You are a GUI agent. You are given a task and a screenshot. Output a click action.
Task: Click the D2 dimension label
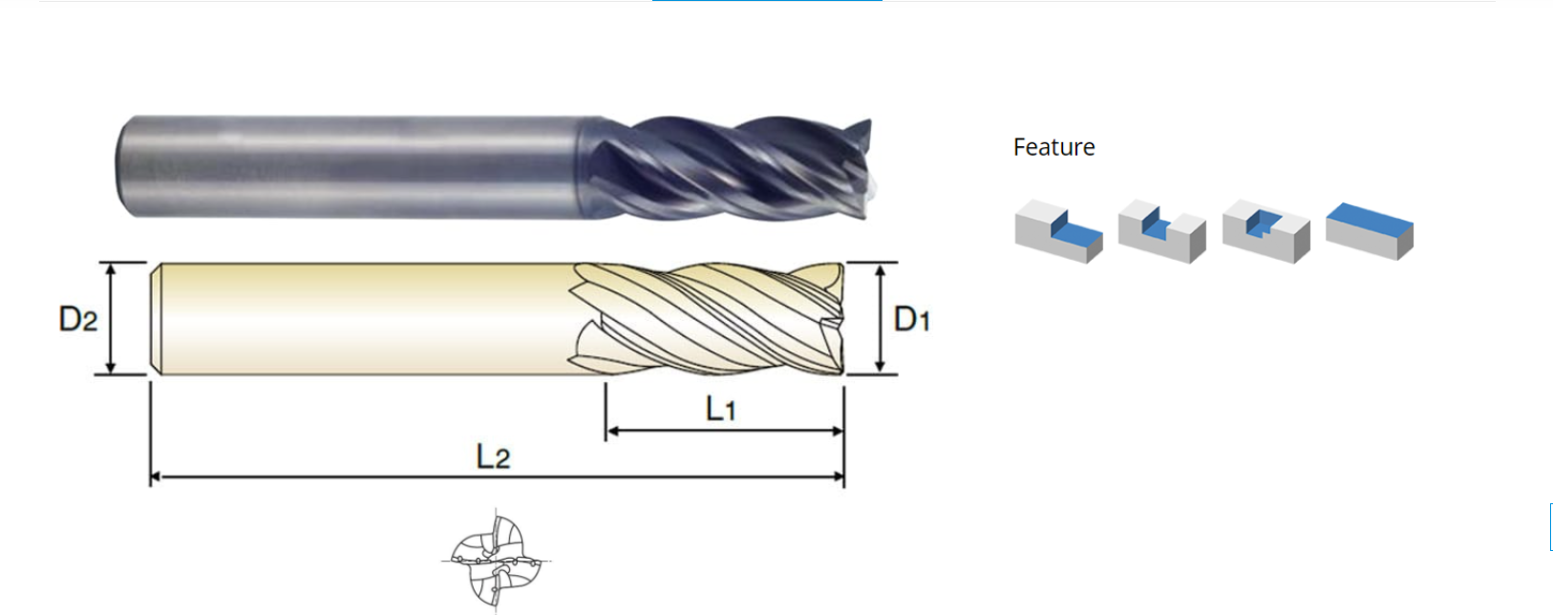point(77,319)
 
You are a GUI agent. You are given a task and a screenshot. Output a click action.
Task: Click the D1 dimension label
point(912,319)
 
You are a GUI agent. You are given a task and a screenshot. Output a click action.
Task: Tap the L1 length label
point(720,409)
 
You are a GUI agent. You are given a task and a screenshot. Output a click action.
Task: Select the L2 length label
point(493,456)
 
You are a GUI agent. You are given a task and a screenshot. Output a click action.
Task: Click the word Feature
point(1053,147)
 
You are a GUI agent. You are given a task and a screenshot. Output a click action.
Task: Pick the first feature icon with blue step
point(1058,231)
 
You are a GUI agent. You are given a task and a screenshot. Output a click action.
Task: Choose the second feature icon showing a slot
point(1162,231)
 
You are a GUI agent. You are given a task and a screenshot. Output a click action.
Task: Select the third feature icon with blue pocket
point(1266,231)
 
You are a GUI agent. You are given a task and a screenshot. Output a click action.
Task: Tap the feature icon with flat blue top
point(1370,231)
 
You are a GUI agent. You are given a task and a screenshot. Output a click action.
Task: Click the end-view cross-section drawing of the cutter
point(496,561)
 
